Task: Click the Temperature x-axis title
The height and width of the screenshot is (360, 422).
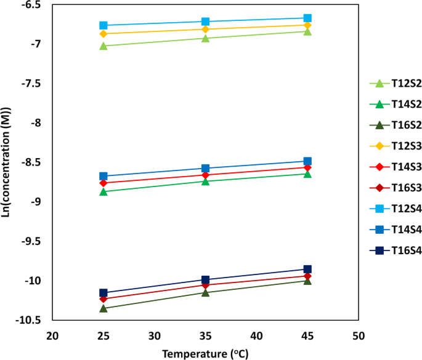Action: click(x=206, y=353)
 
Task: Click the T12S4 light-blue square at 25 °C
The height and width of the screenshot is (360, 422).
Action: click(x=103, y=25)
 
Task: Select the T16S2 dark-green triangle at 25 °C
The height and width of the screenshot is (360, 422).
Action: click(x=103, y=308)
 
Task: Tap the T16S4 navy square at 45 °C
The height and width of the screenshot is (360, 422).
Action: click(x=307, y=269)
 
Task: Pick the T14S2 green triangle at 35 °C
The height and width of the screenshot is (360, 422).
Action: click(x=206, y=181)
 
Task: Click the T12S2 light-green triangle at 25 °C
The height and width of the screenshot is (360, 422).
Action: click(x=103, y=46)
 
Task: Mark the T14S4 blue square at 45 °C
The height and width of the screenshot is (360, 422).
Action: click(x=307, y=161)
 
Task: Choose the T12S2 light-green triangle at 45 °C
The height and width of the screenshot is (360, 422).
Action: click(x=307, y=31)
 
